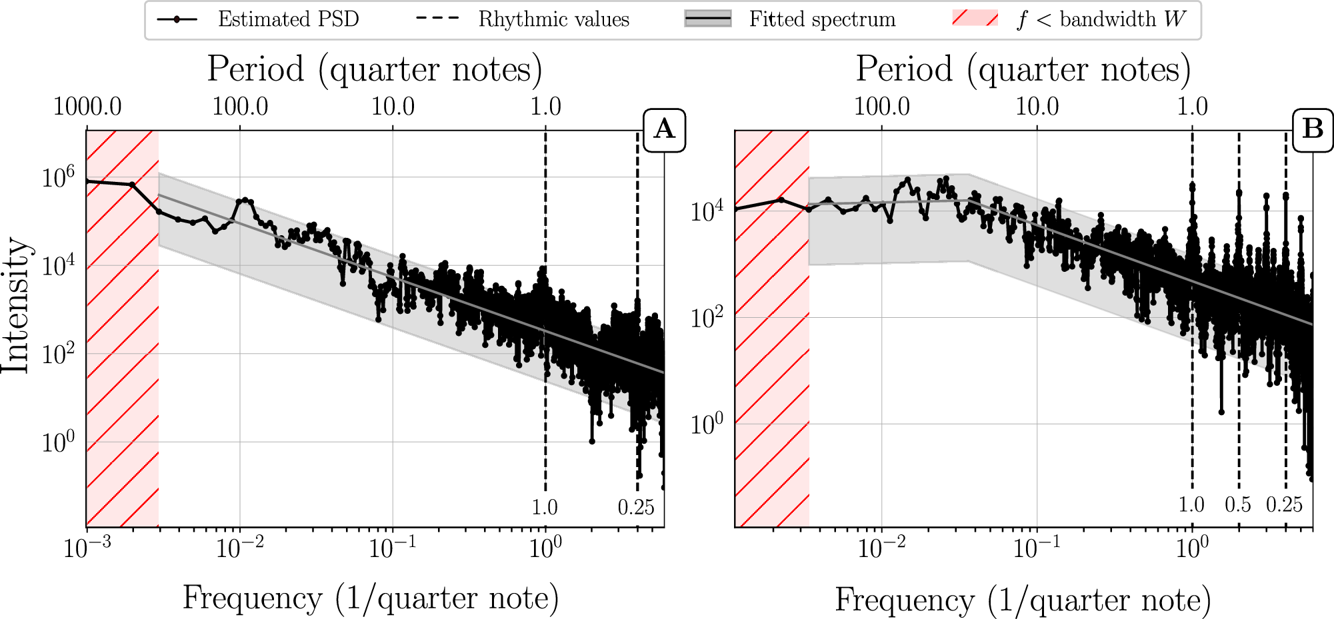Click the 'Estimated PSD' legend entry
point(288,19)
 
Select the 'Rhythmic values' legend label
point(553,19)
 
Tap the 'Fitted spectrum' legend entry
point(822,19)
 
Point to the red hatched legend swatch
point(975,19)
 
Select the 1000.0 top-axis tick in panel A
point(87,107)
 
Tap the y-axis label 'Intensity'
point(16,305)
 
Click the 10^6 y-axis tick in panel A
point(58,178)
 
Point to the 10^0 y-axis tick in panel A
point(58,442)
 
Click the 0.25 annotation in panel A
point(636,508)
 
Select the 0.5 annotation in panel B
point(1238,505)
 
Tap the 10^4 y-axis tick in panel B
point(707,212)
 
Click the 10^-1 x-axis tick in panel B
point(1037,548)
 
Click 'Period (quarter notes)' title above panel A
point(375,69)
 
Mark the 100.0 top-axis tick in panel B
point(882,107)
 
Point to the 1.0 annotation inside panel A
point(545,508)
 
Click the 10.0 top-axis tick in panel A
point(393,107)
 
